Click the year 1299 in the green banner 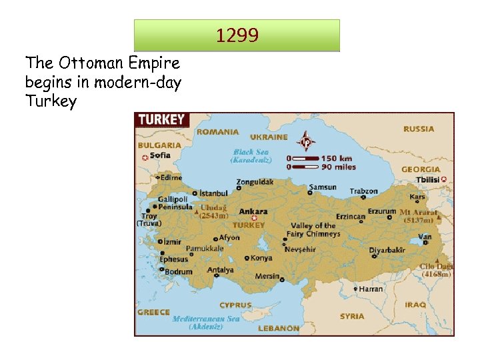[x=237, y=35]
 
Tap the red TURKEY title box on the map [x=162, y=120]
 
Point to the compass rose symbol [x=306, y=141]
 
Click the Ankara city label [x=253, y=211]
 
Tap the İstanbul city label [x=214, y=193]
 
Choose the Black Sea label [x=251, y=152]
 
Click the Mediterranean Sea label [x=206, y=319]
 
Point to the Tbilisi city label [x=427, y=180]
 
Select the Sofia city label [x=160, y=155]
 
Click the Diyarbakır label [x=387, y=250]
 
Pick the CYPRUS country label [x=236, y=305]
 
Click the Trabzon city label [x=364, y=191]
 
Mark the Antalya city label [x=221, y=270]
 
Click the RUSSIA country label [x=419, y=129]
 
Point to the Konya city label [x=261, y=258]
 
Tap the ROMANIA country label [x=217, y=132]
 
